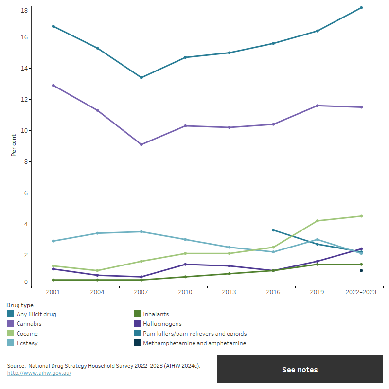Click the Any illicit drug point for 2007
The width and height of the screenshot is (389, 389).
tap(141, 78)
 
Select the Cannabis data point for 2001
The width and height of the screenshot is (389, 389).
tap(53, 86)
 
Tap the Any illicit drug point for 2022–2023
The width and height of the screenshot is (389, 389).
tap(361, 8)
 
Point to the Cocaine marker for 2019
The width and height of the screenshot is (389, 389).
tap(318, 221)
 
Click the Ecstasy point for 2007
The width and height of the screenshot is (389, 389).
tap(141, 231)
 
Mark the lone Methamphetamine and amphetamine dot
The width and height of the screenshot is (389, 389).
tap(361, 271)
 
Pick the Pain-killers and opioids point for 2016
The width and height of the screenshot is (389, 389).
tap(273, 230)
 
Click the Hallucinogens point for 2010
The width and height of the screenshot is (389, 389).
tap(185, 265)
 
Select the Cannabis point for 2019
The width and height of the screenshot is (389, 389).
tap(318, 106)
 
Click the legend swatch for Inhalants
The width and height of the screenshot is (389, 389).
tap(138, 314)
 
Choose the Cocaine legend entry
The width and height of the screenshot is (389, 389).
tap(27, 334)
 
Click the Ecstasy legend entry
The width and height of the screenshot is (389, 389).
tap(27, 343)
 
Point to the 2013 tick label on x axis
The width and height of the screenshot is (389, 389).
tap(229, 292)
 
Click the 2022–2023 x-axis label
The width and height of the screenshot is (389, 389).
tap(361, 292)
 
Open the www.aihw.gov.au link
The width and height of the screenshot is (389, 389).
tap(39, 373)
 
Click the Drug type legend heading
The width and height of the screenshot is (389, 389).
tap(20, 305)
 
